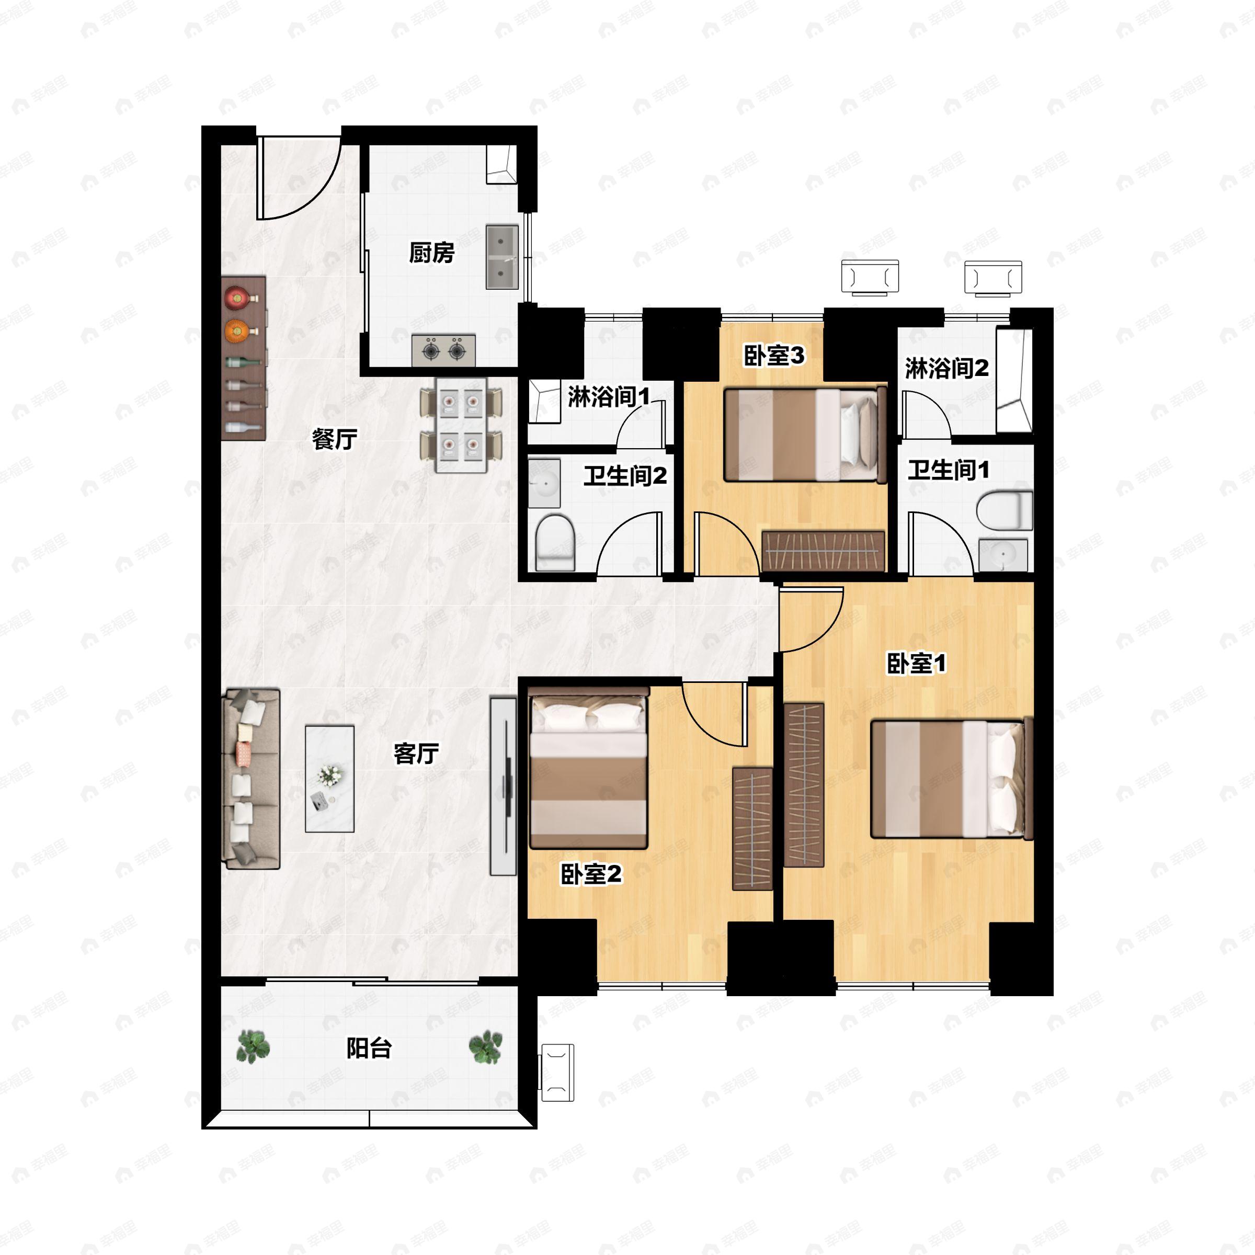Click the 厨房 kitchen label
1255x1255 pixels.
(x=431, y=253)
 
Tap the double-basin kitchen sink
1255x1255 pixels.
(x=502, y=257)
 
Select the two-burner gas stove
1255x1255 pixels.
(x=443, y=351)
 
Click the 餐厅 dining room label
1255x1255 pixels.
(x=335, y=439)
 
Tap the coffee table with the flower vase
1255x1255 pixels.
(x=330, y=779)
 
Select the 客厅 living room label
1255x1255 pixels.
(x=416, y=754)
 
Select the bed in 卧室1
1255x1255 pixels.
(x=952, y=778)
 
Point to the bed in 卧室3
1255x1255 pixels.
(x=805, y=434)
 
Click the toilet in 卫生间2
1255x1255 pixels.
(x=555, y=542)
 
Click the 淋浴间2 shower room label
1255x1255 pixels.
(x=947, y=368)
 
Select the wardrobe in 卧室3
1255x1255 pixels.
(x=823, y=551)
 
